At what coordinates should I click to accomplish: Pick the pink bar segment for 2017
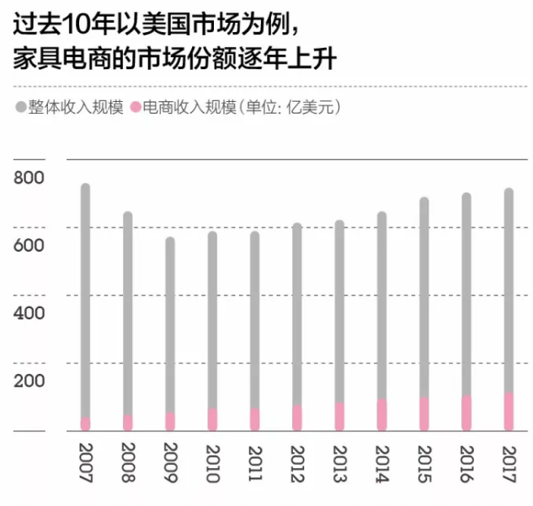point(509,412)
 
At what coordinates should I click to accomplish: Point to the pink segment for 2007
point(85,424)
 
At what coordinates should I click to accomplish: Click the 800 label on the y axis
point(29,178)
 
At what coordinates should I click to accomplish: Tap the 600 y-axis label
point(29,246)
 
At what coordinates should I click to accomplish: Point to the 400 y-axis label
point(29,313)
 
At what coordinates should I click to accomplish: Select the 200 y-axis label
point(29,381)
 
